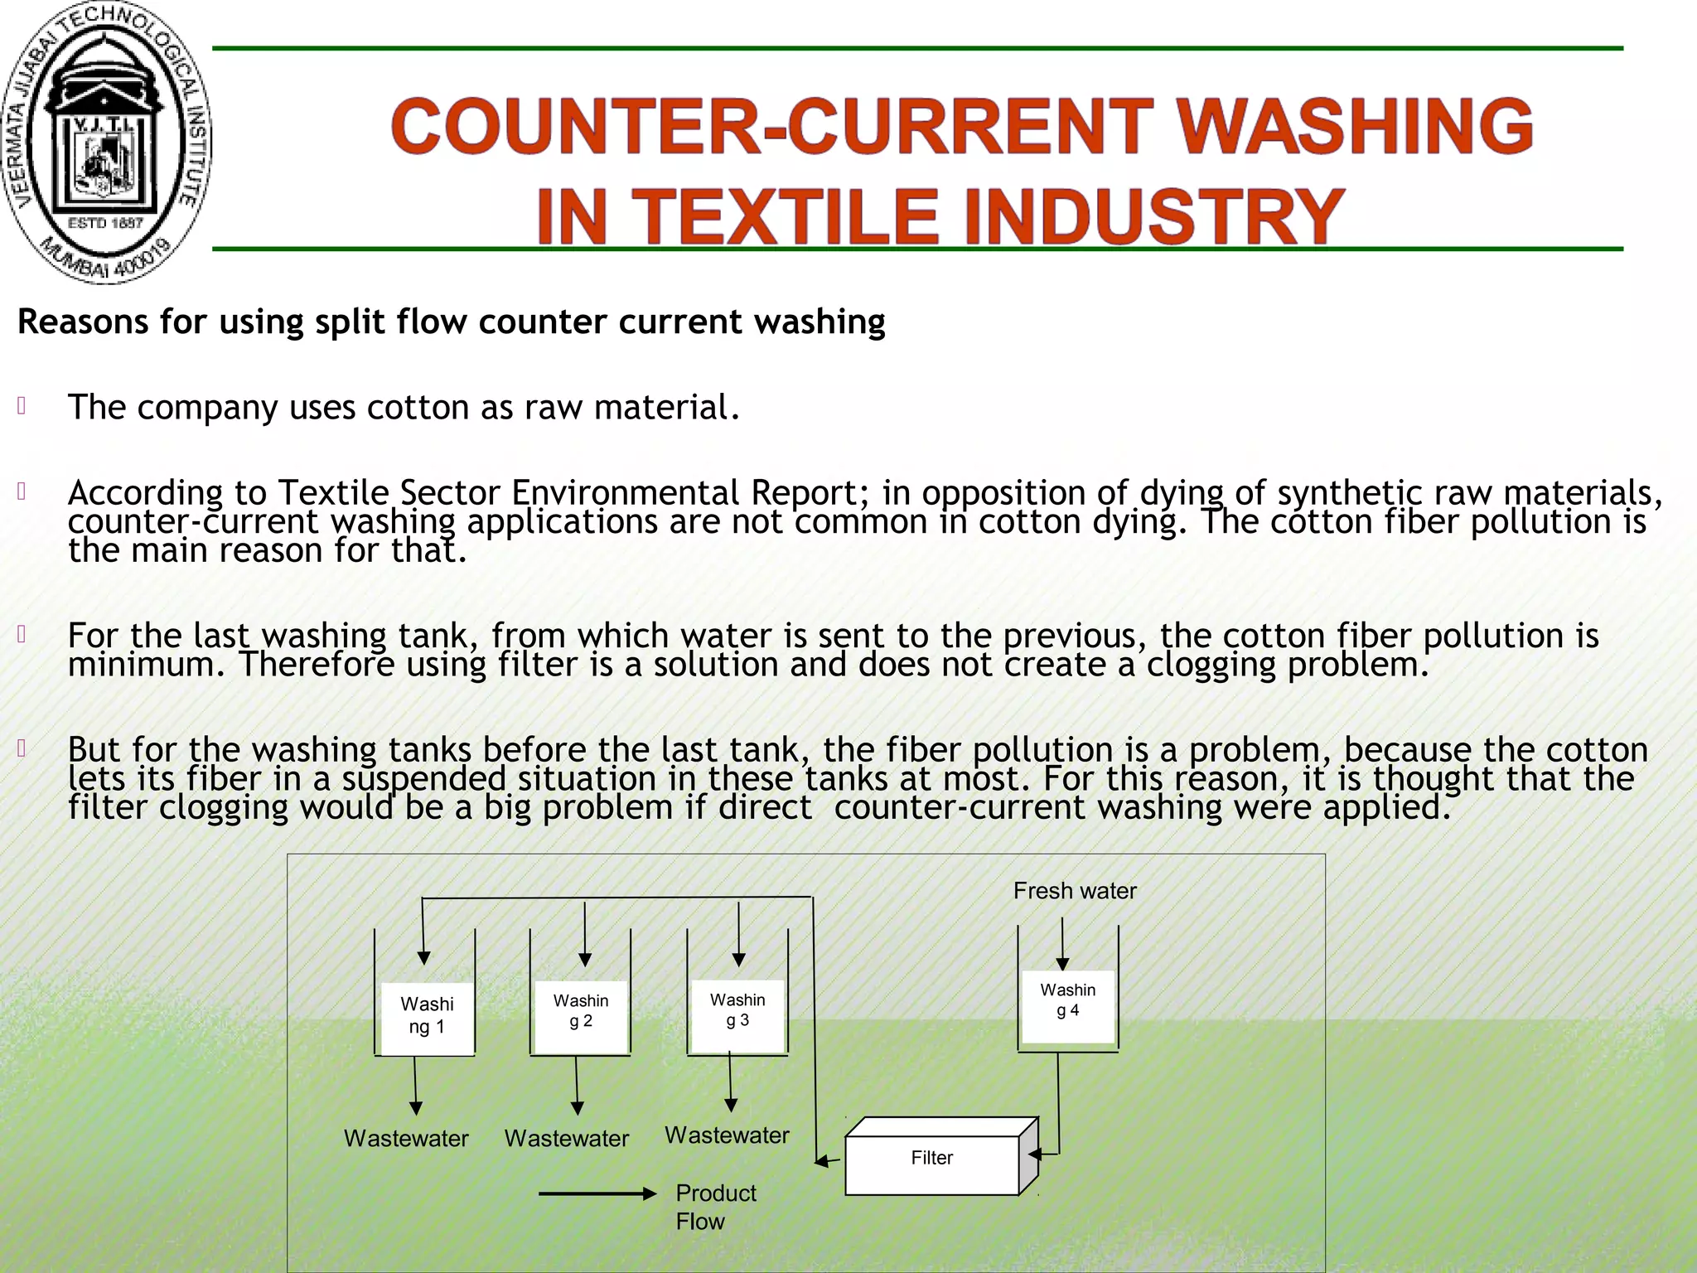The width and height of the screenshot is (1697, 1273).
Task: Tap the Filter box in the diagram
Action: (x=932, y=1159)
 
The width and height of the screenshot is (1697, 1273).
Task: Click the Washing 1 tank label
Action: (x=427, y=1016)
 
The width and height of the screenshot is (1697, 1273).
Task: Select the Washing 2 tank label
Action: (x=581, y=1011)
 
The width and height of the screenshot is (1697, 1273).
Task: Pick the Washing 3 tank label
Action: (x=737, y=1010)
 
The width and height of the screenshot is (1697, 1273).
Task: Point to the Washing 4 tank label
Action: (x=1068, y=1000)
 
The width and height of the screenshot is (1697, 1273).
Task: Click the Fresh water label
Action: (x=1075, y=891)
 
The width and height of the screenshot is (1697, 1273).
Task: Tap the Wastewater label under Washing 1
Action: (x=406, y=1139)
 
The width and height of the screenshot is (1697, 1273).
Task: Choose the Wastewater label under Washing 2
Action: (x=567, y=1139)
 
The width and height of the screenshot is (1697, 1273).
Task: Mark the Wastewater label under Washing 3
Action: (x=727, y=1135)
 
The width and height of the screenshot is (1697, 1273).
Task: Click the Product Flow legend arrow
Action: (x=597, y=1194)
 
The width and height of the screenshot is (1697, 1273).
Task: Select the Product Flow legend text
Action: (x=715, y=1207)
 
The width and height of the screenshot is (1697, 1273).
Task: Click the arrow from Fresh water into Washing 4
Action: (x=1062, y=945)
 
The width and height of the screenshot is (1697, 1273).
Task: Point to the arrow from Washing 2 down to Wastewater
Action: (x=577, y=1086)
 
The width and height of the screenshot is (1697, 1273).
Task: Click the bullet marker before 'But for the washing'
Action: (x=22, y=748)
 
